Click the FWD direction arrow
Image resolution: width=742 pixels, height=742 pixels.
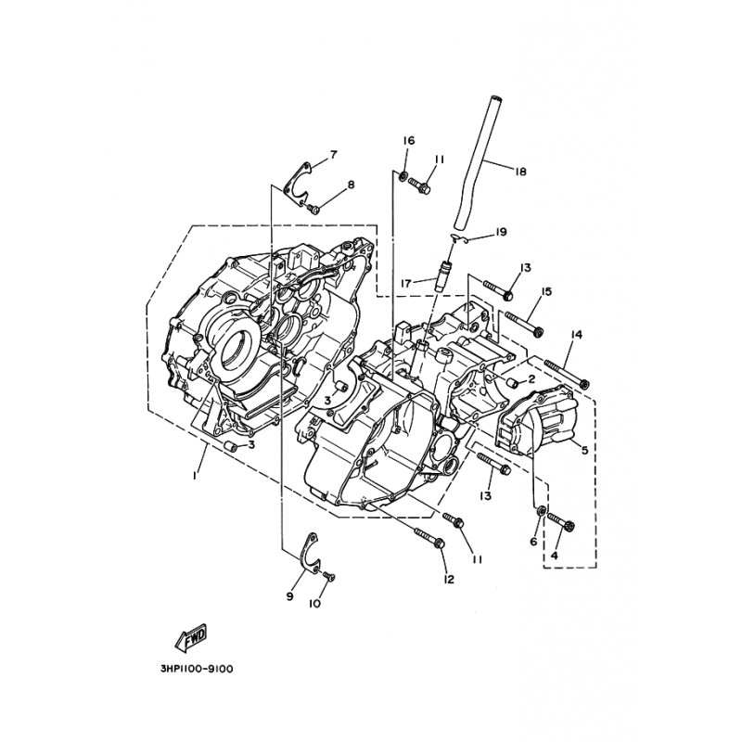tap(189, 637)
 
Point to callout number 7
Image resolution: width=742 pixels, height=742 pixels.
tap(333, 154)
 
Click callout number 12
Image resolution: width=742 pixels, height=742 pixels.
tap(449, 580)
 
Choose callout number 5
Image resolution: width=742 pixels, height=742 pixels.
tap(584, 451)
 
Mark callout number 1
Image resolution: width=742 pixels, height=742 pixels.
tap(195, 475)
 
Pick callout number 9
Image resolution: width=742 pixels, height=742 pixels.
tap(289, 596)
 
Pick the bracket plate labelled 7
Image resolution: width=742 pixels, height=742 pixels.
tap(296, 179)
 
